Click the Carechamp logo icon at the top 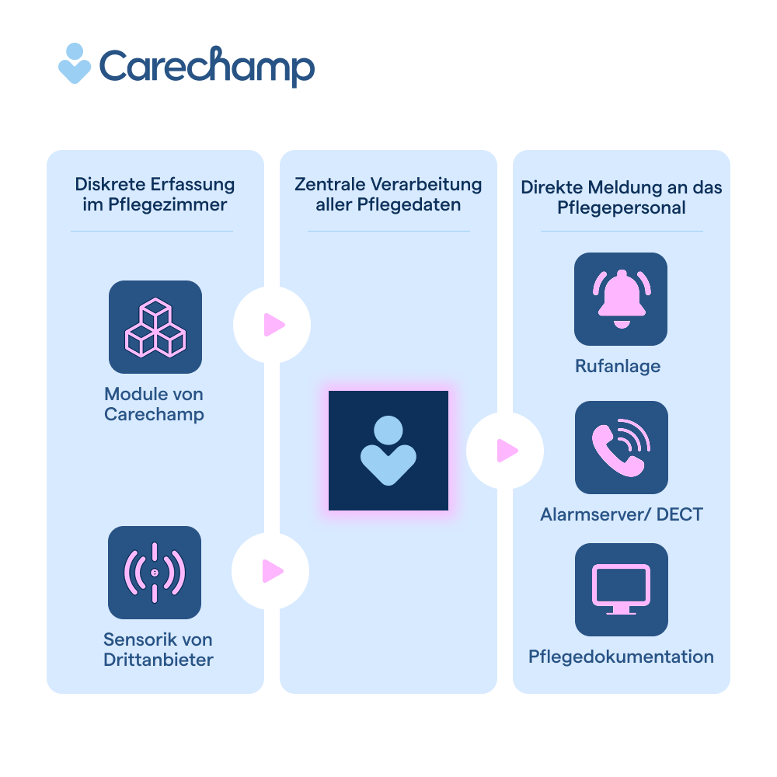[x=75, y=63]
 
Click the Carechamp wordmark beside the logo [x=207, y=67]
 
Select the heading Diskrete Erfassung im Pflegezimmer [x=155, y=194]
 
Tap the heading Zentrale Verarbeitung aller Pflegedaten [x=388, y=194]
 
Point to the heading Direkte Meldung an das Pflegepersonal [x=621, y=197]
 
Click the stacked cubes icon [x=155, y=327]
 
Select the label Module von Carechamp [x=155, y=404]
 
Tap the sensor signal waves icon [x=155, y=573]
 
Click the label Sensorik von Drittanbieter [x=158, y=650]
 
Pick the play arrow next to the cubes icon [x=273, y=325]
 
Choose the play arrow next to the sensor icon [x=272, y=571]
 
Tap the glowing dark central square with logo [x=388, y=451]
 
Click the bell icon [x=621, y=299]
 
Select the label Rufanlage [x=618, y=366]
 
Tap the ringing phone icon [x=621, y=448]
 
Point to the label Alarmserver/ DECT [x=621, y=514]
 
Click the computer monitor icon [x=621, y=590]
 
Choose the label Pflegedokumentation [x=621, y=657]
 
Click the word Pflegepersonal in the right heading [x=621, y=208]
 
